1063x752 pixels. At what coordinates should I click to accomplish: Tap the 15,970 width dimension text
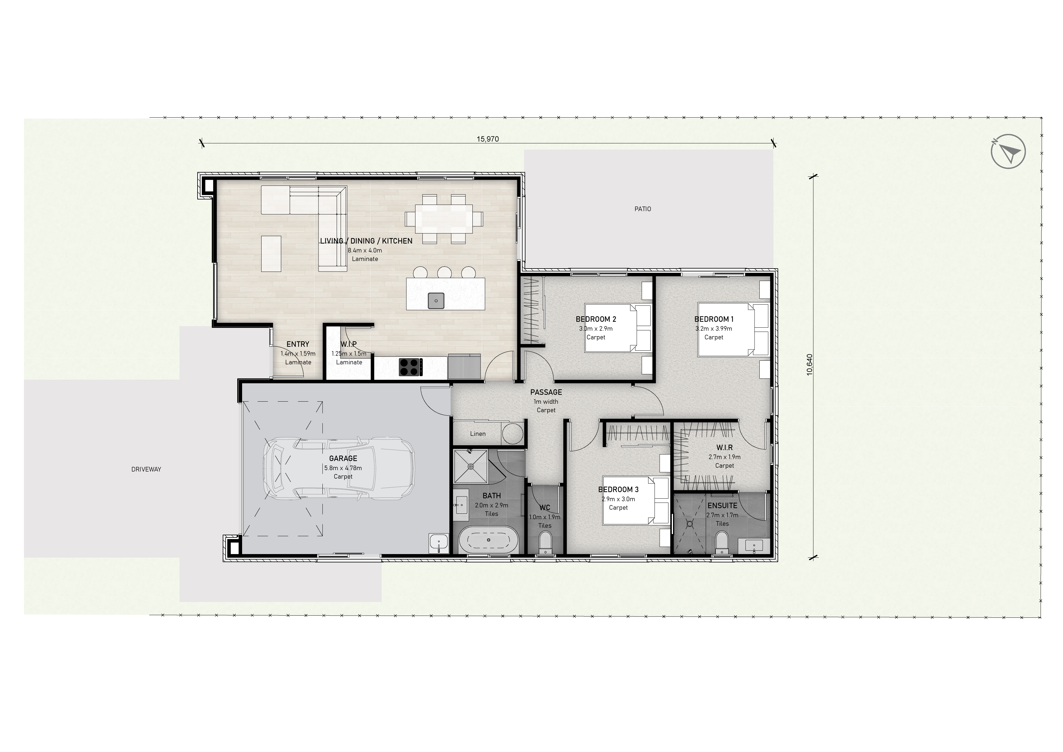(x=488, y=139)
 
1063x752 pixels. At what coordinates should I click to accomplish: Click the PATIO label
(x=643, y=209)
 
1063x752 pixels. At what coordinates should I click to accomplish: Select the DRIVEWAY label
(x=146, y=469)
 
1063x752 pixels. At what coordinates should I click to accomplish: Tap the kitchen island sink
(x=436, y=300)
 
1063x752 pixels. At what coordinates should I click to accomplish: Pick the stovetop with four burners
(x=411, y=367)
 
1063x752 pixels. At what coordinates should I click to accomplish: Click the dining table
(x=444, y=219)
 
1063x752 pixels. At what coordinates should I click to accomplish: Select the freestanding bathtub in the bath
(x=488, y=540)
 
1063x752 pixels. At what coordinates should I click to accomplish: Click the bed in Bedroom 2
(x=618, y=328)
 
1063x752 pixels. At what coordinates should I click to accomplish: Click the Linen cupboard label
(x=478, y=434)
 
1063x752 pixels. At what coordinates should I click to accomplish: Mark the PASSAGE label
(x=546, y=392)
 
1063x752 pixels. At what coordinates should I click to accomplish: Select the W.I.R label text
(x=724, y=448)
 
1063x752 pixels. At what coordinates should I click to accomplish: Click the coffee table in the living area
(x=271, y=254)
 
